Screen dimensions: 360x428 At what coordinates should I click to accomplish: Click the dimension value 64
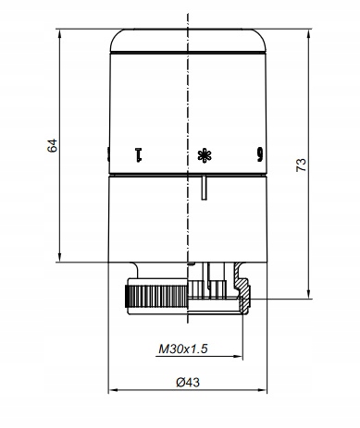pos(52,145)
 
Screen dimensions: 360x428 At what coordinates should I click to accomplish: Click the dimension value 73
pos(301,165)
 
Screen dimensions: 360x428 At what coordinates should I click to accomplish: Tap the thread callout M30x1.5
pos(183,349)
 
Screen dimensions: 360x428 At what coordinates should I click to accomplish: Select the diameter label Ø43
pos(188,383)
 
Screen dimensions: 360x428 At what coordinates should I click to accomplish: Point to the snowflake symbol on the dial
pos(205,155)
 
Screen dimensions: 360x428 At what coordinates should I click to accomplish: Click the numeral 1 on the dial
pos(139,155)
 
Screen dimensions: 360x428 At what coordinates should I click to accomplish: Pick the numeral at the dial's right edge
pos(260,155)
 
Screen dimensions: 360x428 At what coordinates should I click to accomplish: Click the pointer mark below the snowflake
pos(204,188)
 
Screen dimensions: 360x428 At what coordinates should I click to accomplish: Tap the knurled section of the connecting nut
pos(156,297)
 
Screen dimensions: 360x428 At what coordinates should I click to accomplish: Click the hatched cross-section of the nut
pos(243,289)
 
